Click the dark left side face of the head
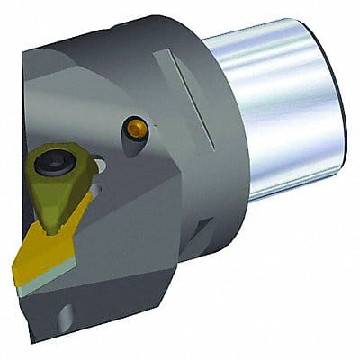[x=36, y=108]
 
